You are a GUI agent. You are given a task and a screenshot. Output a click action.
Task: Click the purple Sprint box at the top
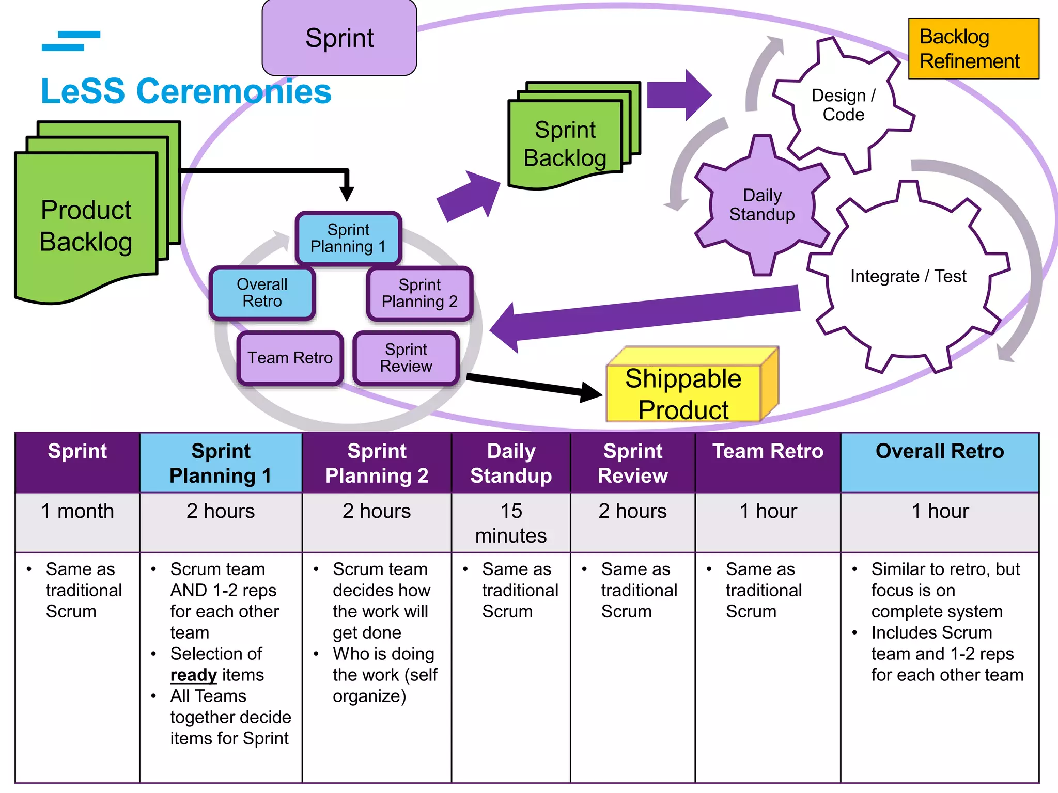click(339, 38)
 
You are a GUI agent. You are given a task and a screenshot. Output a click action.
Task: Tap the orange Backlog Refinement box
click(973, 49)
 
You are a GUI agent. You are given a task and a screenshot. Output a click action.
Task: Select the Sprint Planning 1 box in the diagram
click(348, 238)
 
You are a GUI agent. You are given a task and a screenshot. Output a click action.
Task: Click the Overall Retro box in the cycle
click(262, 293)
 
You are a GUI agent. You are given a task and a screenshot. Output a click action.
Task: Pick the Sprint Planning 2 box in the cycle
click(419, 293)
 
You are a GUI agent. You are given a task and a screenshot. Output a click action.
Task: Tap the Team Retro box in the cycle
click(290, 358)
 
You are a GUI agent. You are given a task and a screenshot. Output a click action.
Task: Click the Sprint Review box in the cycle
click(406, 358)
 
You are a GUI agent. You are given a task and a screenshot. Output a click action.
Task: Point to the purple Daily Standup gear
click(761, 205)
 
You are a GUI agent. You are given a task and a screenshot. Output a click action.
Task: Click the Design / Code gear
click(843, 105)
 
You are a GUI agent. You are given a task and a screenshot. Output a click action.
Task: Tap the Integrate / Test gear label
click(908, 276)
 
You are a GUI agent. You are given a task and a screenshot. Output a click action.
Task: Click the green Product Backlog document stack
click(86, 226)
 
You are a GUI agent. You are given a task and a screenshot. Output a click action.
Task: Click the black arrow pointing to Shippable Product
click(532, 385)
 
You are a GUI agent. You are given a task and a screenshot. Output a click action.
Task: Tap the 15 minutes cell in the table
click(510, 522)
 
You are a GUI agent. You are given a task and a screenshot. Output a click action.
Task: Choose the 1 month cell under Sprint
click(77, 511)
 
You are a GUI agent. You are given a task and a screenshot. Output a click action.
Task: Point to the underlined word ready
click(193, 675)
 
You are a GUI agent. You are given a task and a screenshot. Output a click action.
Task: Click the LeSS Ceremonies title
click(186, 91)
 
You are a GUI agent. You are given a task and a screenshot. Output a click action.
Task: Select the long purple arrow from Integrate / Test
click(646, 314)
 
